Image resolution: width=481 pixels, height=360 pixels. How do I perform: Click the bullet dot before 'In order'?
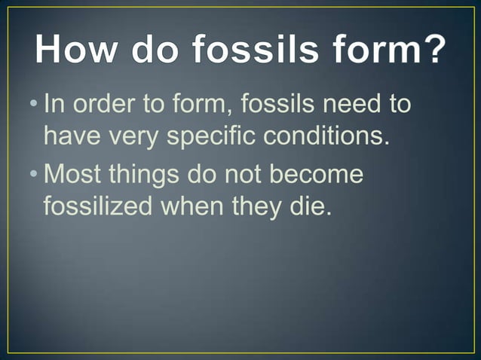pos(37,104)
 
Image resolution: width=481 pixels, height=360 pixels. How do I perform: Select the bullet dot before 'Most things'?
pos(37,175)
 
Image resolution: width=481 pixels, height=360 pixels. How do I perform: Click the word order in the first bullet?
pos(108,104)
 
